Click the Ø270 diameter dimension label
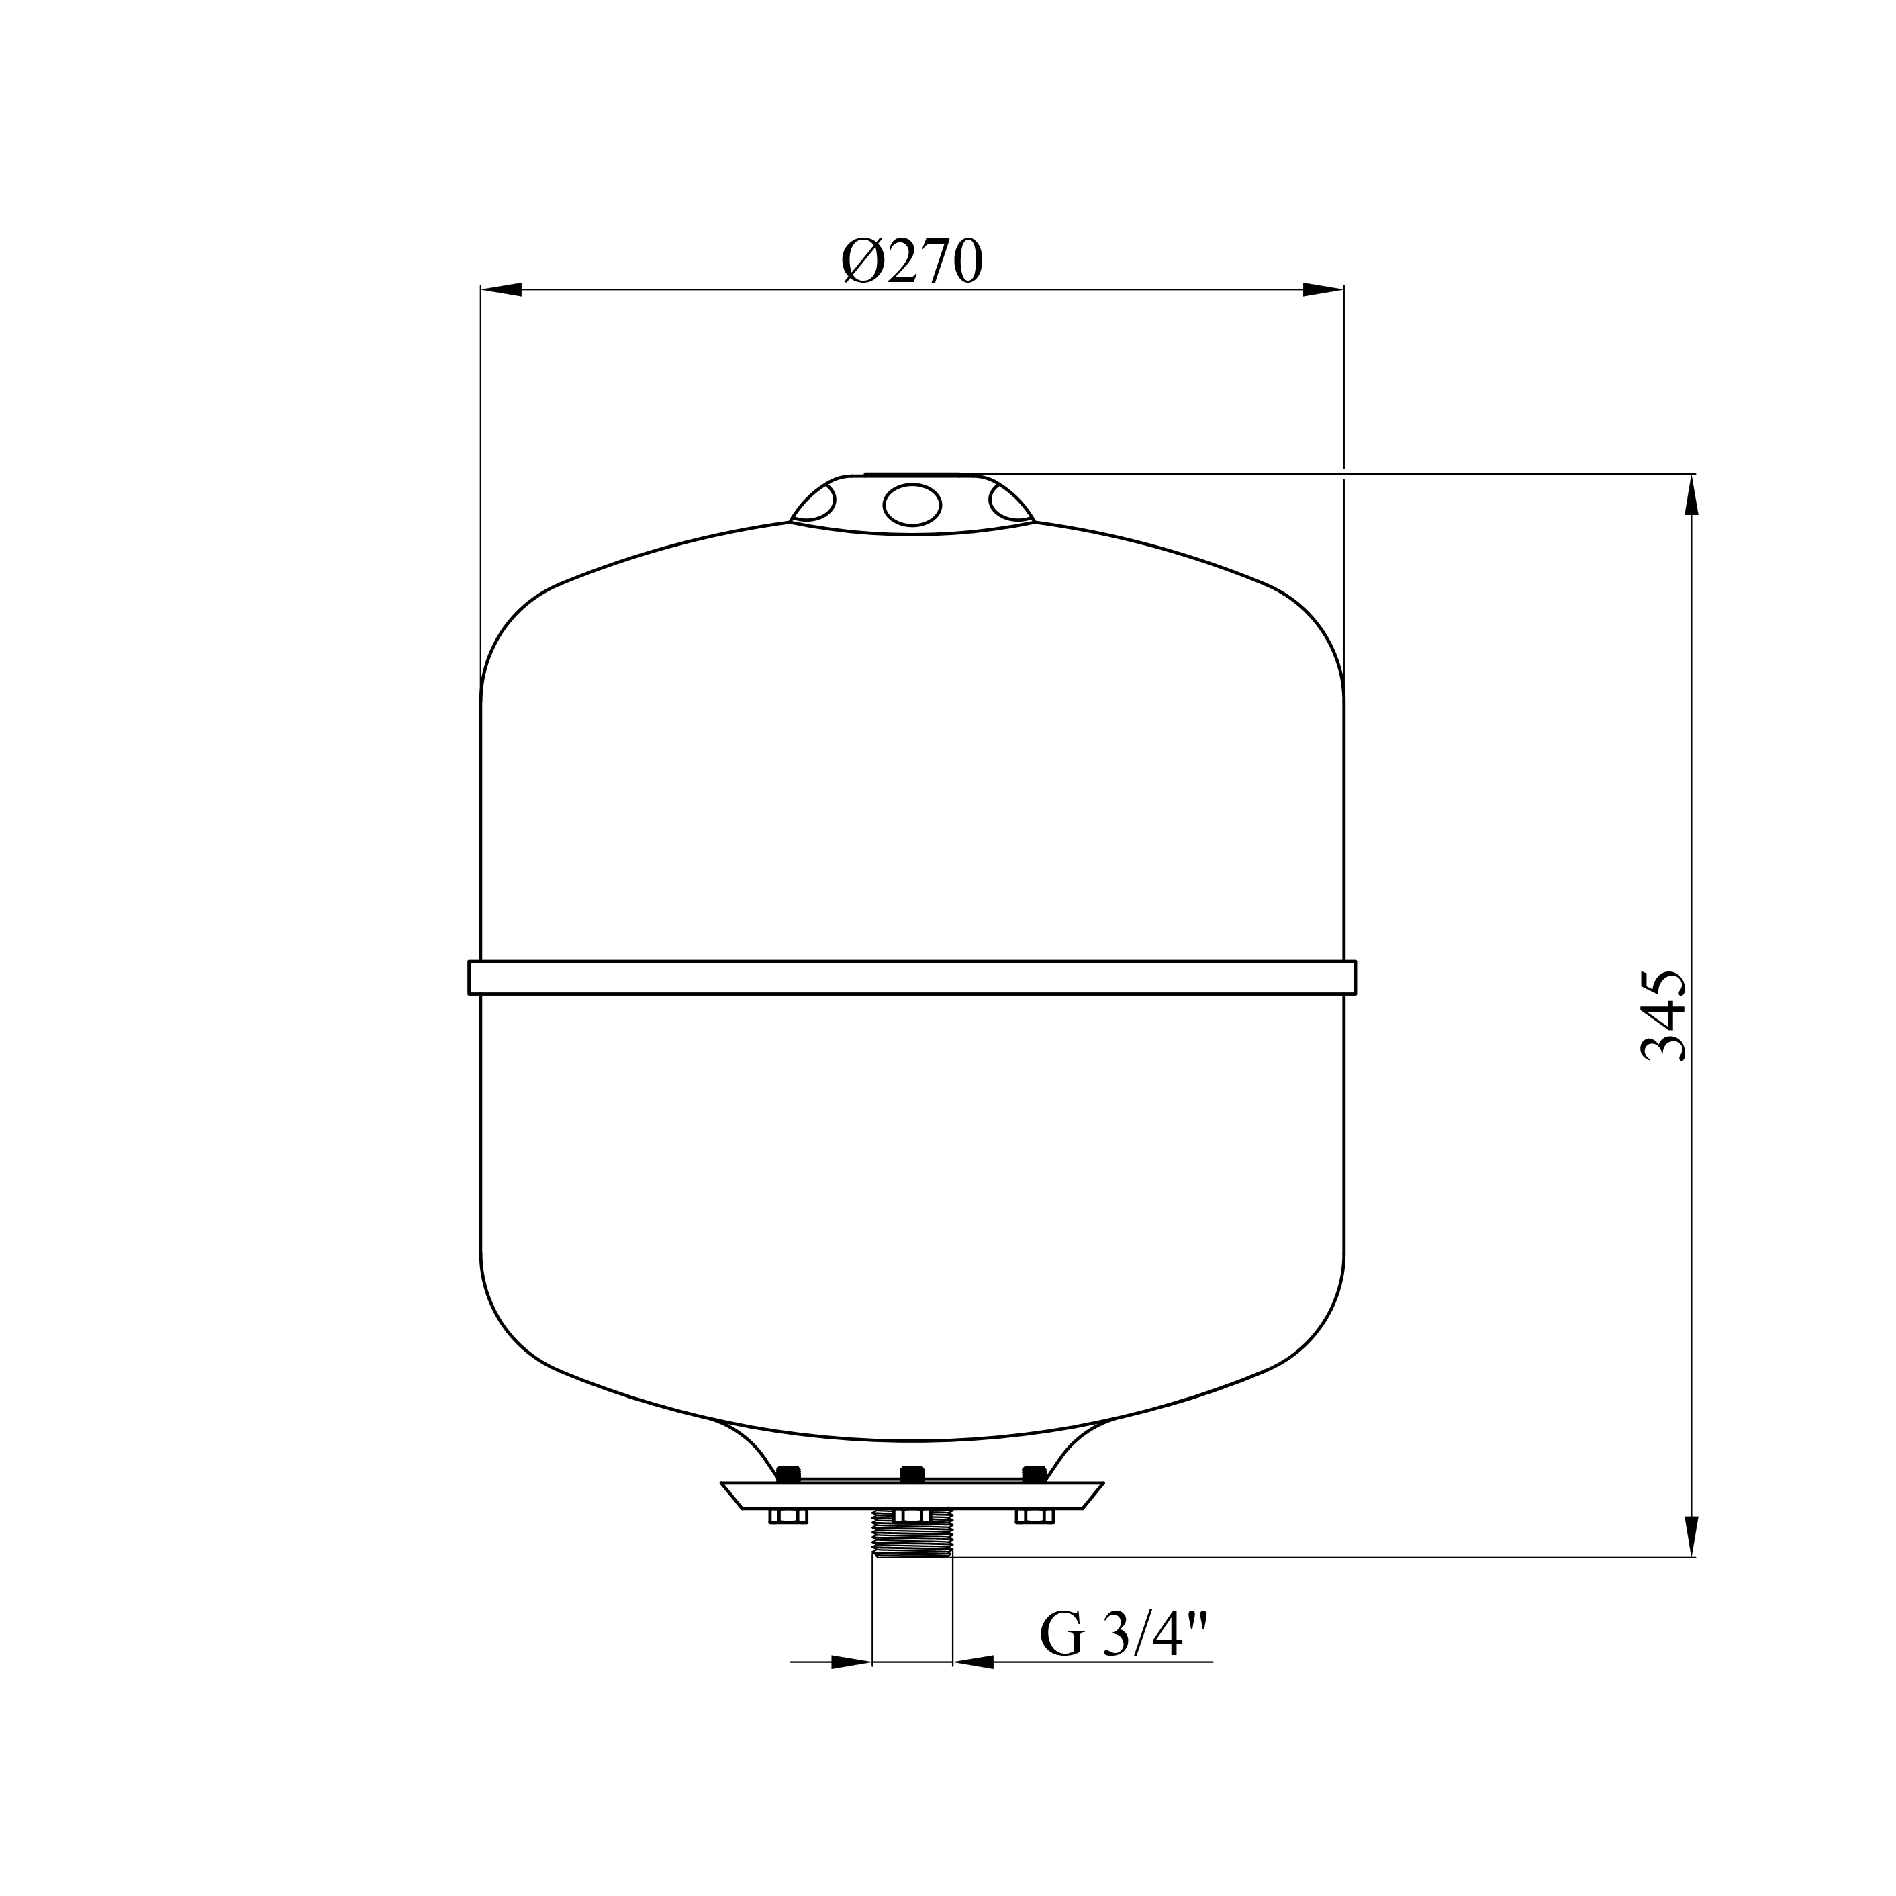pyautogui.click(x=912, y=261)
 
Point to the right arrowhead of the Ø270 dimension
pyautogui.click(x=1323, y=289)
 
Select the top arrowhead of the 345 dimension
pyautogui.click(x=1691, y=495)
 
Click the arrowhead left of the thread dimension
pyautogui.click(x=851, y=1662)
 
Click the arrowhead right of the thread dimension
pyautogui.click(x=974, y=1662)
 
